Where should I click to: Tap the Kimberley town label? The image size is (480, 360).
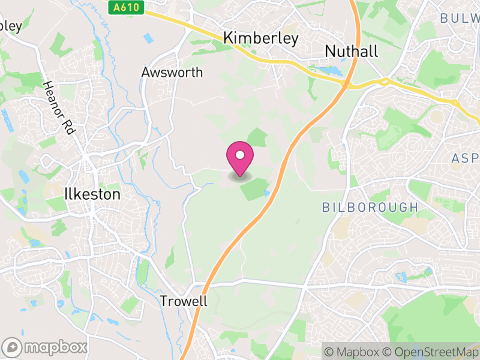260,38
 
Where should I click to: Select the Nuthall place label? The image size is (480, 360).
351,52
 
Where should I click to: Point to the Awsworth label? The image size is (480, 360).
172,73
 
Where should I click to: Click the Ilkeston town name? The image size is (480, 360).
92,194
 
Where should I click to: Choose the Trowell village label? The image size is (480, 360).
184,301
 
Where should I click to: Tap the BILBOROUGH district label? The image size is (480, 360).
370,208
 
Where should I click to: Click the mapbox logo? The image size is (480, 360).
45,347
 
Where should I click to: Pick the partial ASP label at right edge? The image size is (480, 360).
464,157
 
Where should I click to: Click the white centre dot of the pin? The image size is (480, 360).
240,155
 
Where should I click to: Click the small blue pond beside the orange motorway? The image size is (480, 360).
266,193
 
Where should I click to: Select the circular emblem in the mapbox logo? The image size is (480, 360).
12,347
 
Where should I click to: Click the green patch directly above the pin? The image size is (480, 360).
257,137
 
